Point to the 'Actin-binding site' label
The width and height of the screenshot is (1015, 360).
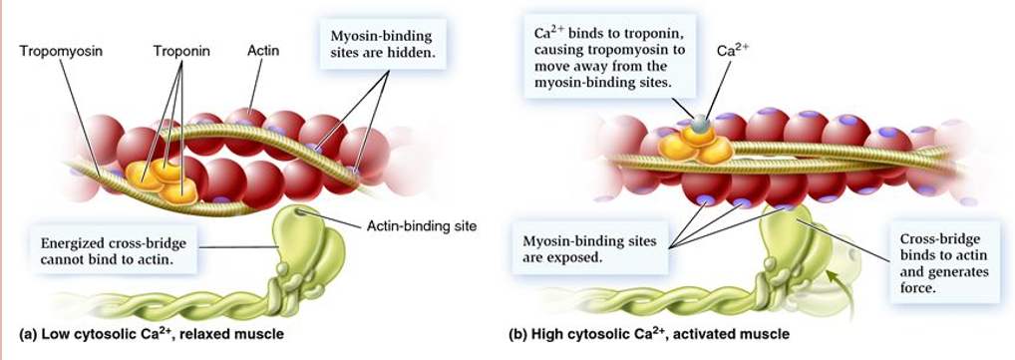tap(422, 225)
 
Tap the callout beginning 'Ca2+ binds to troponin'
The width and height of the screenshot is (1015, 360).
tap(609, 57)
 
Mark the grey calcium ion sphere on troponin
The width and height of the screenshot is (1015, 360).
tap(702, 125)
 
